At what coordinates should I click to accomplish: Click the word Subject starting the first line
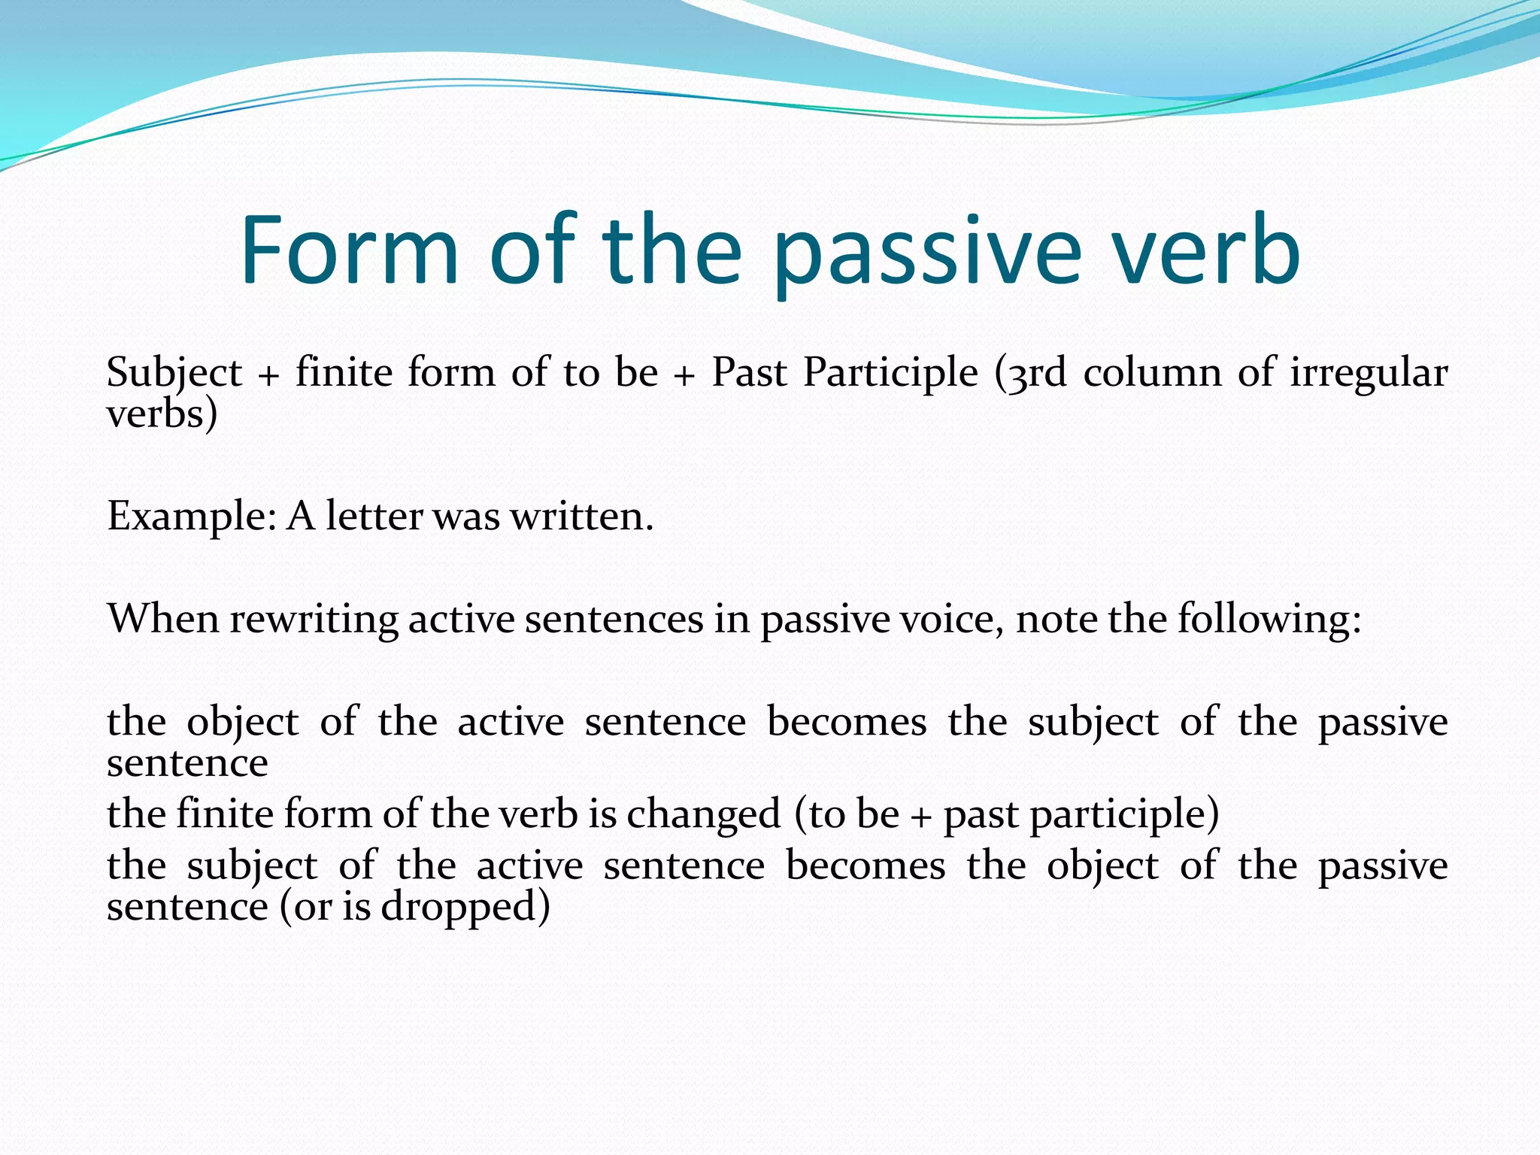(174, 373)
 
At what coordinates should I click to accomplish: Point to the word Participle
(890, 373)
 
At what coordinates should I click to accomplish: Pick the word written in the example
(581, 517)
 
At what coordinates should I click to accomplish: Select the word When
(163, 619)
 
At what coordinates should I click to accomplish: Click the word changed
(704, 815)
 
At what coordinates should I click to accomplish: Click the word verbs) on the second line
(162, 414)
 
